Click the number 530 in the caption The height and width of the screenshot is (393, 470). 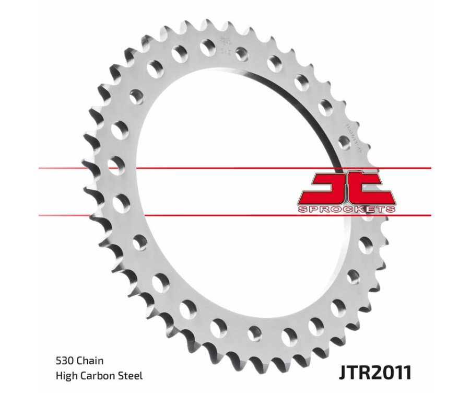pyautogui.click(x=64, y=361)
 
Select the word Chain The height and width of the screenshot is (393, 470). pyautogui.click(x=90, y=361)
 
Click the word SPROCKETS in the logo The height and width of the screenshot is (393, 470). pyautogui.click(x=347, y=210)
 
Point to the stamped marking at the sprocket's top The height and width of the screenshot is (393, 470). pyautogui.click(x=226, y=44)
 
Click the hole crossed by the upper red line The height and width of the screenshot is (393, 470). pyautogui.click(x=114, y=165)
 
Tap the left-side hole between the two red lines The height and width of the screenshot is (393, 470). pyautogui.click(x=121, y=203)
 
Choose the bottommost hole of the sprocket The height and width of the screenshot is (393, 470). pyautogui.click(x=255, y=333)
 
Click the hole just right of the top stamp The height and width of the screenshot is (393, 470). pyautogui.click(x=242, y=53)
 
